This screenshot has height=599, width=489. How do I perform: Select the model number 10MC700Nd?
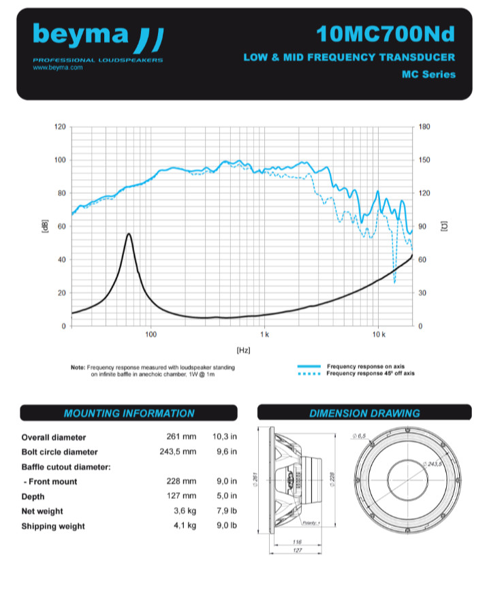point(385,33)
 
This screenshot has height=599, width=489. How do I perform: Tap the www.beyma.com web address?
point(57,68)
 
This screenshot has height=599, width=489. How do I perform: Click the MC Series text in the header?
point(428,74)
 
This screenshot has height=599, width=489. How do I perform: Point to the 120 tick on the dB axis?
point(60,127)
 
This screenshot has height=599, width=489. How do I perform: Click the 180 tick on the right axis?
point(425,127)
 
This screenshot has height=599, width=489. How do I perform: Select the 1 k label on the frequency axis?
point(264,335)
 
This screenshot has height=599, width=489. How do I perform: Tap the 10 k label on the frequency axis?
point(379,335)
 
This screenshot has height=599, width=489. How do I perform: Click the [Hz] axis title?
point(242,350)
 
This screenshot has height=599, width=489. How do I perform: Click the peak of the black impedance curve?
point(129,234)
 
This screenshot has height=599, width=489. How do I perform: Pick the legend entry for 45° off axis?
point(370,373)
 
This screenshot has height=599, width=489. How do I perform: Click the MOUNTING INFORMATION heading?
point(129,413)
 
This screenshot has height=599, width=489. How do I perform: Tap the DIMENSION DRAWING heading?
point(364,413)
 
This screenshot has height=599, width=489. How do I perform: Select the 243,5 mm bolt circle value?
point(181,452)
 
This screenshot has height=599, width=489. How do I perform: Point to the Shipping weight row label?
point(53,526)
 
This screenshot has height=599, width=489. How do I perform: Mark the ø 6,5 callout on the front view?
point(360,436)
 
